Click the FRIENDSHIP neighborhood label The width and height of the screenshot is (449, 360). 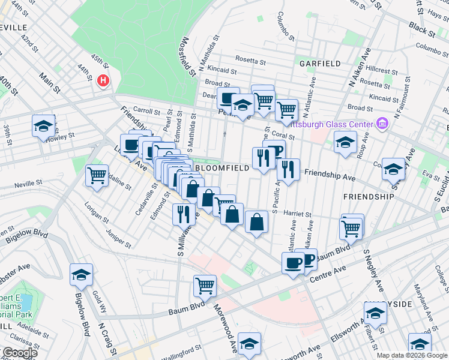pos(369,196)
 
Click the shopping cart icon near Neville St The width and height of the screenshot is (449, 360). pos(97,176)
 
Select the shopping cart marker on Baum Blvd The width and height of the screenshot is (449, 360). pos(205,285)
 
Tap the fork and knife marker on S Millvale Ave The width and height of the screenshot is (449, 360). pos(184,213)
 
